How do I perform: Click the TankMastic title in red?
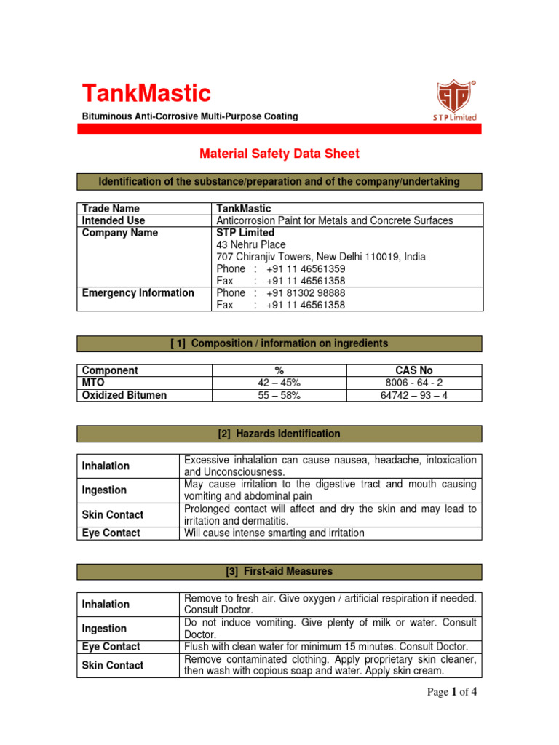click(146, 94)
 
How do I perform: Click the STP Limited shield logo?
click(455, 99)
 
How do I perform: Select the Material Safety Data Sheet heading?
click(279, 154)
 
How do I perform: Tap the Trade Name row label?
click(111, 208)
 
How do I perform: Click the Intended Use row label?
click(114, 220)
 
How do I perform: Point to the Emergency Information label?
click(138, 292)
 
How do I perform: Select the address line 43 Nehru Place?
click(251, 245)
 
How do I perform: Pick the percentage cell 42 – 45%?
click(279, 383)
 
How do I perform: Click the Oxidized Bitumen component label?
click(124, 395)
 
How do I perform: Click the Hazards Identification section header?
click(279, 434)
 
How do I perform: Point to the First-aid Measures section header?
click(279, 571)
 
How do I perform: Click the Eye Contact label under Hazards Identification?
click(111, 533)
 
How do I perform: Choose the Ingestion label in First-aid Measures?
click(105, 629)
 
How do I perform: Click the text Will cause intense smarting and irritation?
click(274, 533)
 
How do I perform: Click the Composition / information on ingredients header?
click(279, 343)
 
